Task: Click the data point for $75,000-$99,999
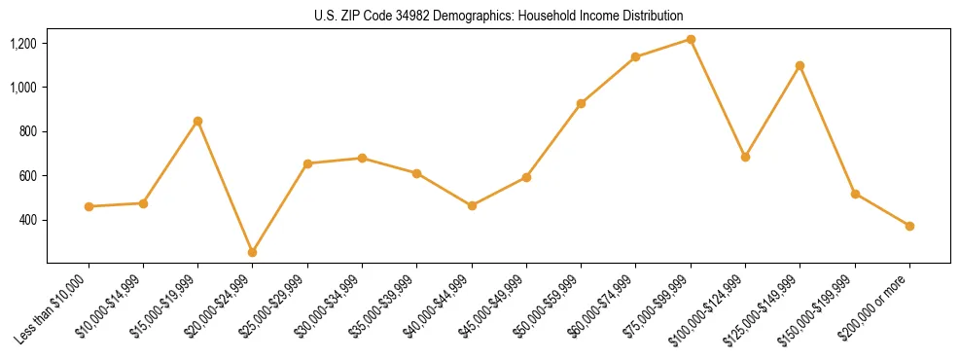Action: tap(691, 39)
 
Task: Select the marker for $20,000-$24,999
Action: tap(253, 252)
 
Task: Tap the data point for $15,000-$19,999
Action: tap(197, 121)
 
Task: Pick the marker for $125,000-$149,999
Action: tap(800, 65)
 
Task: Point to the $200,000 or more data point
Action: tap(909, 226)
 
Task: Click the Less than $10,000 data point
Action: tap(89, 206)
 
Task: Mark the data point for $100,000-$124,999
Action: tap(745, 157)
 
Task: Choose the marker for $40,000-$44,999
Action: tap(472, 205)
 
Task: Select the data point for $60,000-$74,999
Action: tap(635, 56)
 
